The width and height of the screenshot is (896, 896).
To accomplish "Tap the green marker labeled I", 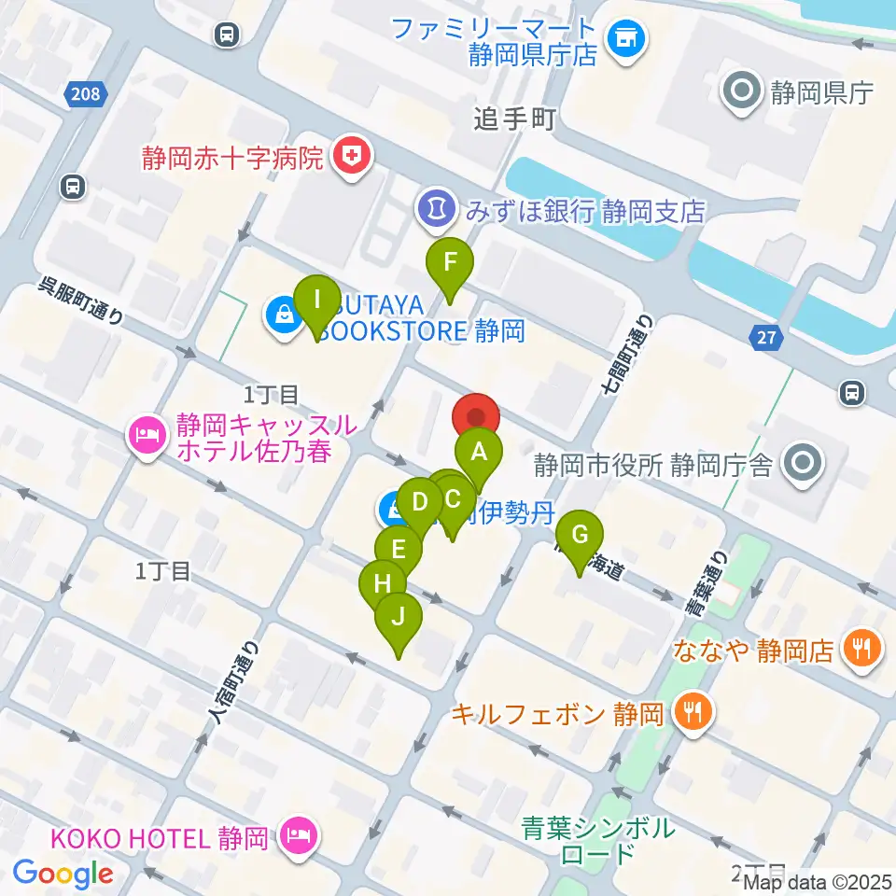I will click(x=317, y=302).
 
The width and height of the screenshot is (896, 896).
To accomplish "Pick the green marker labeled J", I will click(x=399, y=618).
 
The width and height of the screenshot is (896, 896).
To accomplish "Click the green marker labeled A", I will click(x=479, y=455).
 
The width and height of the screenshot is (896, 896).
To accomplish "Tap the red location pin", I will click(x=477, y=416).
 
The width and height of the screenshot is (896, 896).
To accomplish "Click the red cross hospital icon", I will click(x=353, y=155).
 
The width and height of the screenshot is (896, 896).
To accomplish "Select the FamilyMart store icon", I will click(x=623, y=40).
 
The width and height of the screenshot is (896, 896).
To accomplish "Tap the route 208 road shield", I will click(x=87, y=93).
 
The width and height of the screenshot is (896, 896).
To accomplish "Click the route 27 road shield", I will click(x=766, y=338).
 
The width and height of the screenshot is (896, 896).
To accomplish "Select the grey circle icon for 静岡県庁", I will click(x=743, y=91).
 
